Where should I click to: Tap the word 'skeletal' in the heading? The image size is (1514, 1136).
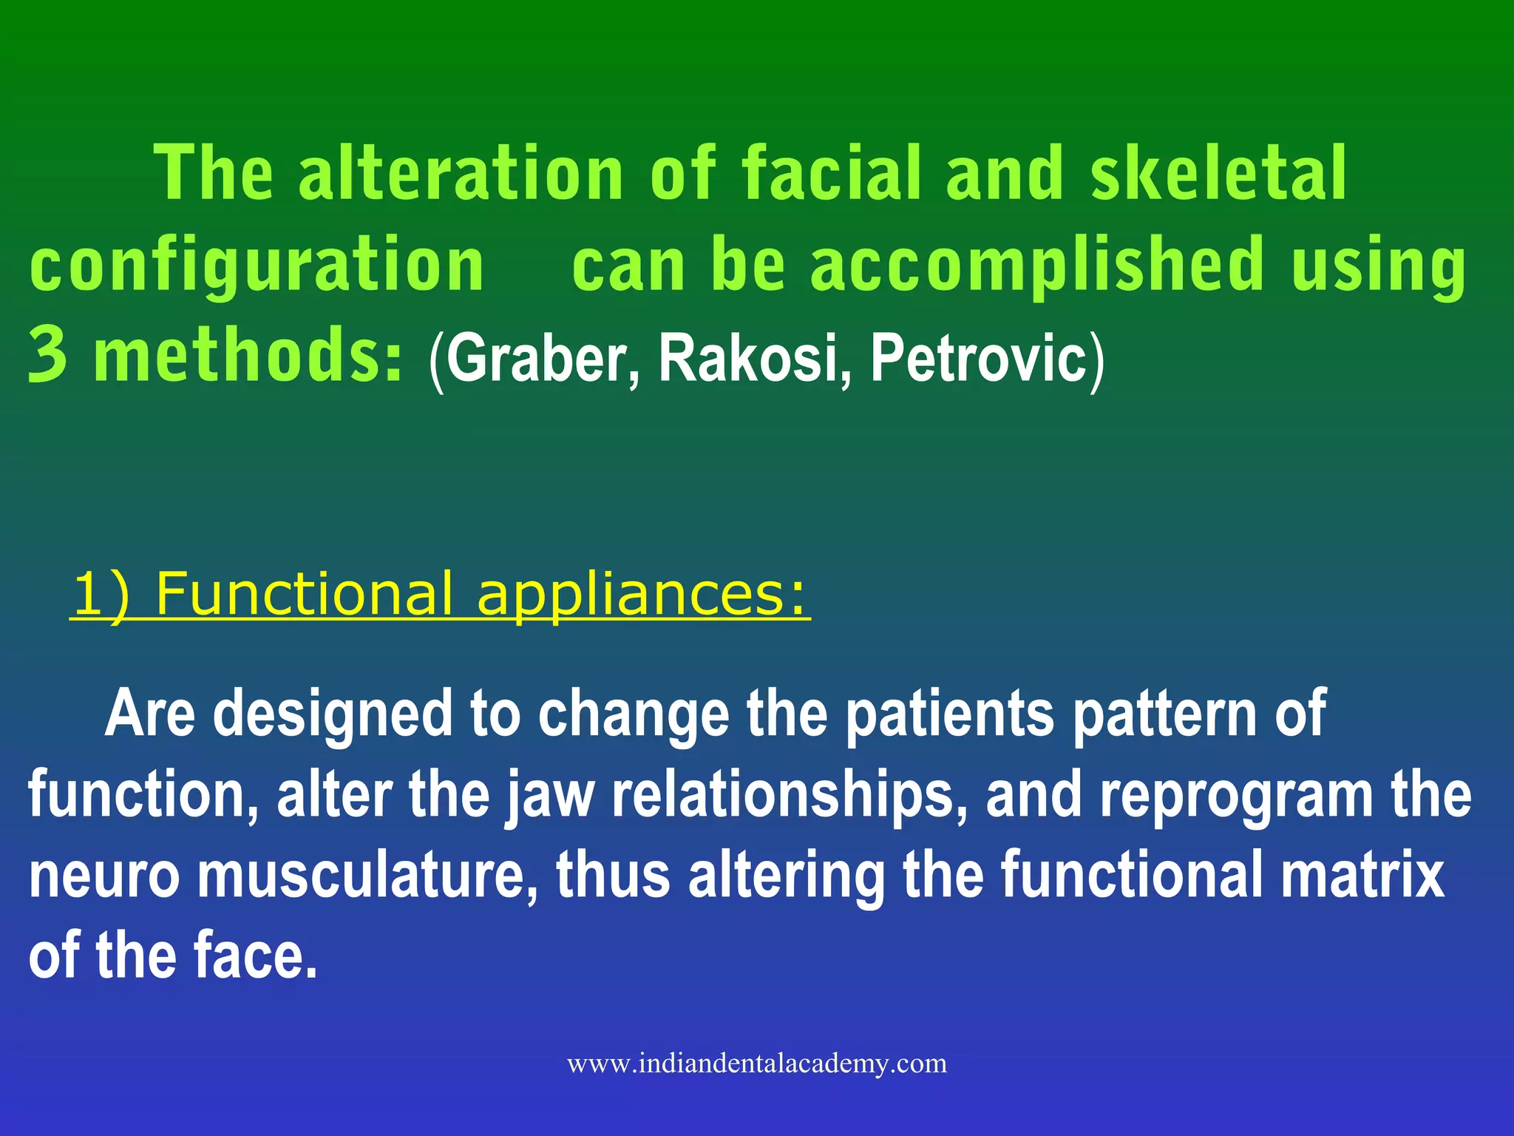tap(1219, 174)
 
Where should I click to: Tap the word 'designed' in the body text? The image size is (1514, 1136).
tap(332, 714)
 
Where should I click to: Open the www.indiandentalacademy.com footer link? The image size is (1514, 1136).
tap(757, 1064)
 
